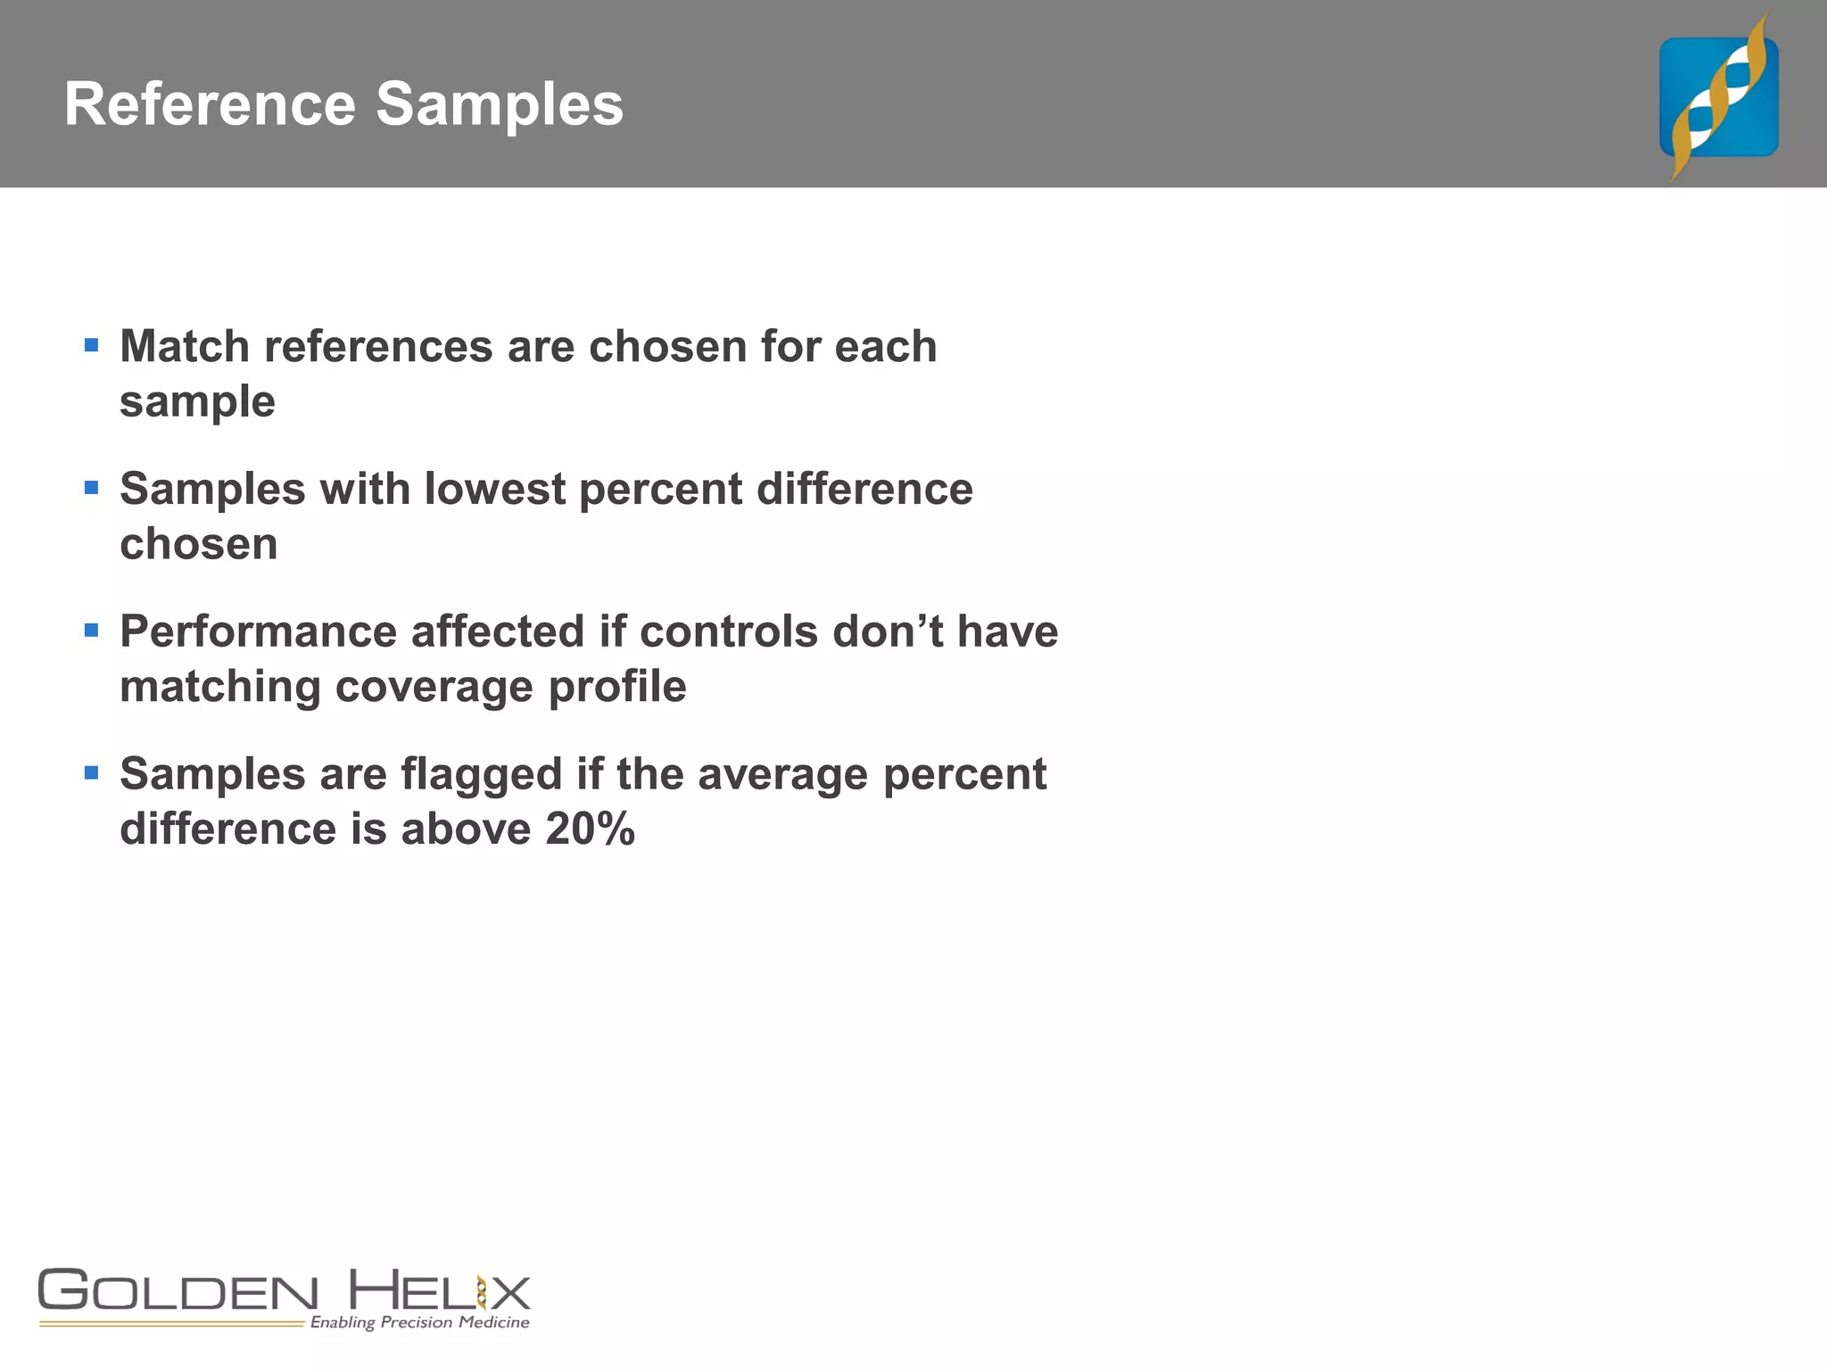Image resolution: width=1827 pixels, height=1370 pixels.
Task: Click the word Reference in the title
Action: pyautogui.click(x=211, y=104)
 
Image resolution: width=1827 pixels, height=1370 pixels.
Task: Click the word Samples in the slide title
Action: pyautogui.click(x=499, y=106)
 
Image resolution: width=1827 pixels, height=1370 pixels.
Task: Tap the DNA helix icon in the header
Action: pyautogui.click(x=1718, y=96)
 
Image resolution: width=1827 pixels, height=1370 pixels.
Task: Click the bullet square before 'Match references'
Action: pyautogui.click(x=91, y=344)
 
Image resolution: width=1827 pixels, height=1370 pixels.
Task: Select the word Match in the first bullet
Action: pyautogui.click(x=185, y=346)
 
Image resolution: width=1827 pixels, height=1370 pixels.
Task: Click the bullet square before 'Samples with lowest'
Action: pyautogui.click(x=91, y=487)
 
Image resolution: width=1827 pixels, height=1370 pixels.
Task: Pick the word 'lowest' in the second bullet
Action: pyautogui.click(x=495, y=489)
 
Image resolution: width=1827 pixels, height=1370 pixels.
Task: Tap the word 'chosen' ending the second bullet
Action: pyautogui.click(x=199, y=544)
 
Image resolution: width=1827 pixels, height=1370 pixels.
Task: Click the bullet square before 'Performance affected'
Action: pyautogui.click(x=91, y=630)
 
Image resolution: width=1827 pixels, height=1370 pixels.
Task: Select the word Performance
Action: pyautogui.click(x=258, y=631)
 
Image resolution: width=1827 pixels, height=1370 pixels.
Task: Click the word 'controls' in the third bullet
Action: pyautogui.click(x=729, y=631)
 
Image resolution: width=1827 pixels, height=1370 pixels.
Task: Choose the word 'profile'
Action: pyautogui.click(x=617, y=688)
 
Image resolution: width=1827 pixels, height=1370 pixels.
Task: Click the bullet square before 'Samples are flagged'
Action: pyautogui.click(x=91, y=772)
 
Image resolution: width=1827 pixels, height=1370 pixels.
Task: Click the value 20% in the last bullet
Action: pyautogui.click(x=590, y=829)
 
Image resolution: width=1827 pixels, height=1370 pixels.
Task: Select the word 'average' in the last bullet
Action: pyautogui.click(x=782, y=774)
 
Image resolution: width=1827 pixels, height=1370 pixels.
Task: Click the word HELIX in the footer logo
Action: pyautogui.click(x=439, y=1291)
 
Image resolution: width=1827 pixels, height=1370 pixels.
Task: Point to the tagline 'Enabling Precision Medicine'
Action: pyautogui.click(x=419, y=1322)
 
